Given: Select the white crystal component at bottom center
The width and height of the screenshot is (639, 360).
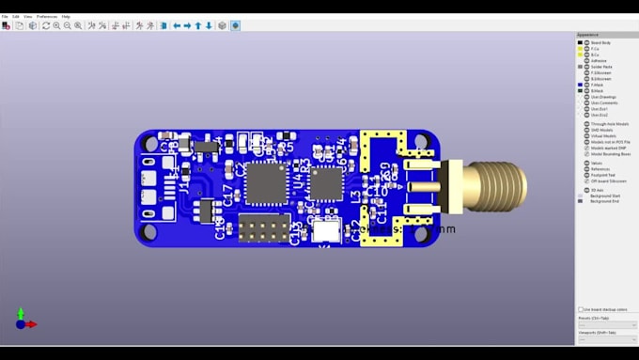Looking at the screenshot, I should click(x=325, y=231).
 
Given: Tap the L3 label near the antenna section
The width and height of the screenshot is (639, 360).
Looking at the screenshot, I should click(x=355, y=197).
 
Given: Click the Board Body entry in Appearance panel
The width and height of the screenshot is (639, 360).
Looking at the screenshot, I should click(x=600, y=43).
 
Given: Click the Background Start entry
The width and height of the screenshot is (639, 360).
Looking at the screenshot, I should click(x=604, y=196).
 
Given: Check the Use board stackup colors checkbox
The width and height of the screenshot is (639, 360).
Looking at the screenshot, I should click(x=581, y=309).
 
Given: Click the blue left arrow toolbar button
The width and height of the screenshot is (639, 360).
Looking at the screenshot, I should click(x=176, y=25).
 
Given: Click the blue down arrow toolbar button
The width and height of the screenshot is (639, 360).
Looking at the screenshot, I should click(x=209, y=25).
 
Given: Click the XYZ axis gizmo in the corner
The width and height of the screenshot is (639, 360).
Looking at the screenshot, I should click(x=23, y=320).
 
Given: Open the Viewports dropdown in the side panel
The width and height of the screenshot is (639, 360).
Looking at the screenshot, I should click(x=606, y=339).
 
